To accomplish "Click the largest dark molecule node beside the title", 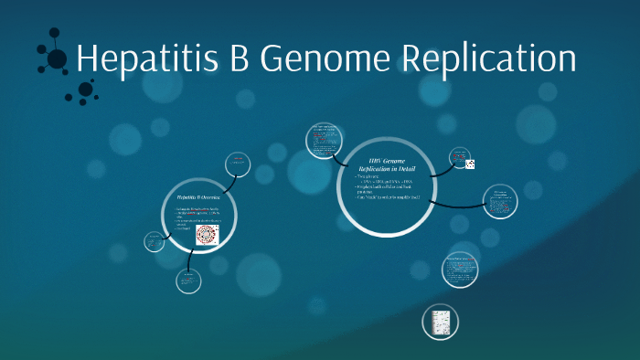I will tap(57, 59).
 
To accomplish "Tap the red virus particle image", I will tap(208, 235).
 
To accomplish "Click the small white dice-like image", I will tap(470, 164).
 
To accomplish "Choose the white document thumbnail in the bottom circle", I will tap(440, 323).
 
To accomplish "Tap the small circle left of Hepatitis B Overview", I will tap(154, 242).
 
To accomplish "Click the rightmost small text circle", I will tap(500, 201).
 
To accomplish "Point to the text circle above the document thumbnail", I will tap(460, 269).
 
